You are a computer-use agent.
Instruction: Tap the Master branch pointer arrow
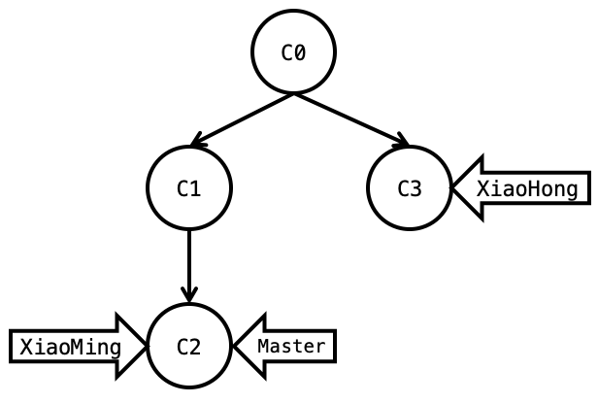[285, 346]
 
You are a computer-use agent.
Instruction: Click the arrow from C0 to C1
[243, 119]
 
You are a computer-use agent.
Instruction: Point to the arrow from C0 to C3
[349, 119]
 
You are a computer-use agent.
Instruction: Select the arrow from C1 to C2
[189, 262]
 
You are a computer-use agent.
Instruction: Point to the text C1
[189, 188]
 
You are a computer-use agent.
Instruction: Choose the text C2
[189, 347]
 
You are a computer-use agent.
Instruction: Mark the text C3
[410, 188]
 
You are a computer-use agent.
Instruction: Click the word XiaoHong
[533, 187]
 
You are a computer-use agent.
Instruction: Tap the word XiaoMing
[71, 347]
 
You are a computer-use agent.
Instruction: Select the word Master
[291, 346]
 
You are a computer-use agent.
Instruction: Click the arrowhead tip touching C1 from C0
[197, 142]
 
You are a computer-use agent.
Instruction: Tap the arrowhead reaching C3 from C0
[402, 142]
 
